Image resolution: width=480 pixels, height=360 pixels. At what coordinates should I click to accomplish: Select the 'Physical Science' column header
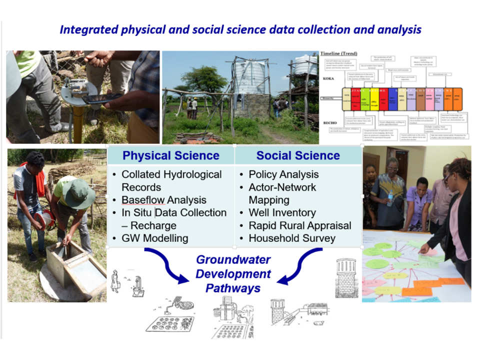click(x=171, y=155)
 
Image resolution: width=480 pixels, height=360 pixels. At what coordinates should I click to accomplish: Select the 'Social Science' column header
click(x=298, y=155)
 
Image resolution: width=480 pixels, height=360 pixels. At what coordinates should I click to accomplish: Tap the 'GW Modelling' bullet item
click(x=155, y=238)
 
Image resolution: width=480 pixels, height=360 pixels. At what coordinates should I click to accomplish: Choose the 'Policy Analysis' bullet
click(x=283, y=174)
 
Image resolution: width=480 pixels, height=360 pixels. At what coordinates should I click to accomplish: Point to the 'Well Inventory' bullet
click(x=282, y=213)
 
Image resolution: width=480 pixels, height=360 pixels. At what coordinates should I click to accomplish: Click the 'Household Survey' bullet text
click(x=292, y=238)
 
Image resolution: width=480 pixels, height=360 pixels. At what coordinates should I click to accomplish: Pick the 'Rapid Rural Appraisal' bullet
click(x=300, y=225)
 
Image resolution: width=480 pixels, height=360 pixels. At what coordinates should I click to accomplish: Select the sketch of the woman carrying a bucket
click(x=116, y=280)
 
